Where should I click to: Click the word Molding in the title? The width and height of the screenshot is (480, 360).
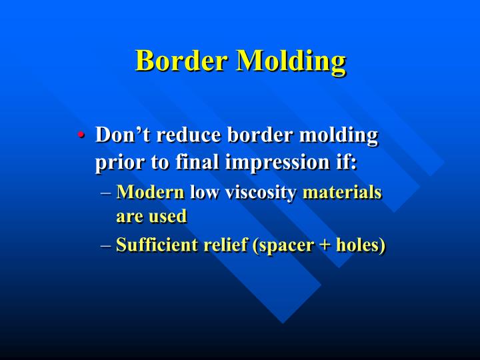[x=291, y=62]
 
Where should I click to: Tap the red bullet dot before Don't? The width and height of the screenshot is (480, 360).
[x=80, y=135]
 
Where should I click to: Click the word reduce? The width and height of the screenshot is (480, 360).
[x=191, y=135]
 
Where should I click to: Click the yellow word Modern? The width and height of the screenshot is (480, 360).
[x=150, y=193]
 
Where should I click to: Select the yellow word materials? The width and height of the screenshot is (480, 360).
[x=342, y=193]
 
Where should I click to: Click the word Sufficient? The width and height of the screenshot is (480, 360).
[x=158, y=245]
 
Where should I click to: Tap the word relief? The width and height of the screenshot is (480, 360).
[x=225, y=245]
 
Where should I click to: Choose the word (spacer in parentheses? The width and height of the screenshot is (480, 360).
[x=280, y=246]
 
